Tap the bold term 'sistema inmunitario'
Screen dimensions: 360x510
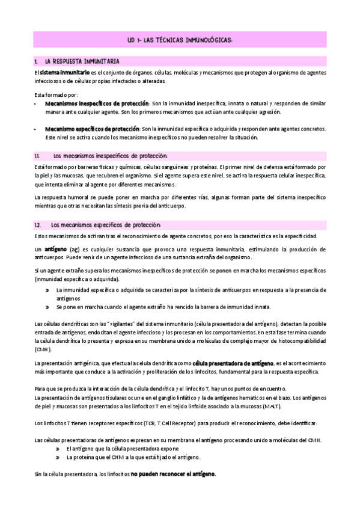pos(60,72)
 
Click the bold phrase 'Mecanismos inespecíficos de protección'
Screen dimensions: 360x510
pos(96,103)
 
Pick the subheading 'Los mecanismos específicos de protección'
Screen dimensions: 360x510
pos(106,224)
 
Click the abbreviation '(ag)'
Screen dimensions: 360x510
pos(76,249)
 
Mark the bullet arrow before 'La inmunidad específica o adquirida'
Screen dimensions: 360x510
pos(47,290)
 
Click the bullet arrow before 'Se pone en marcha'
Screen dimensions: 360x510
pos(47,307)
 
